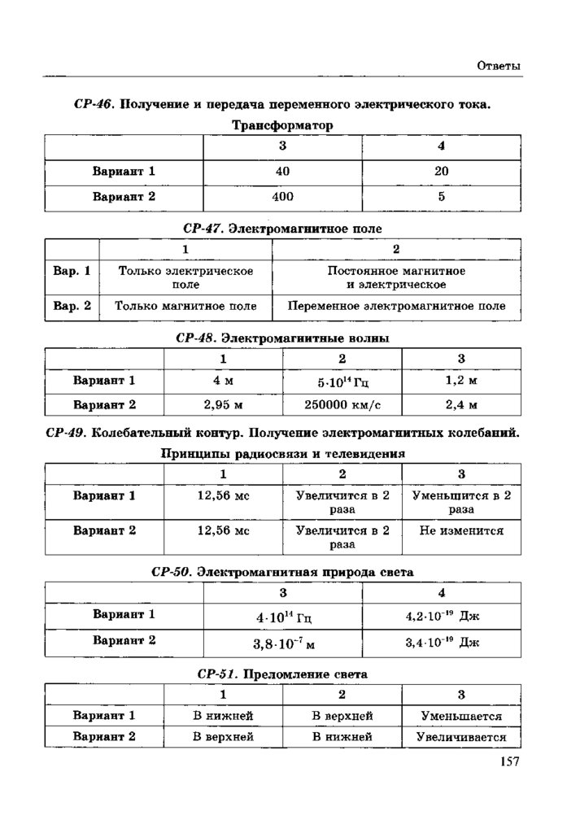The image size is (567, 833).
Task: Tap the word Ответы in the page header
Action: (498, 66)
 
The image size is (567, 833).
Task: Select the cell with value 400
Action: (282, 197)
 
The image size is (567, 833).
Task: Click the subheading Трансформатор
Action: (282, 125)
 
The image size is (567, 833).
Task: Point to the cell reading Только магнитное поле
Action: (185, 307)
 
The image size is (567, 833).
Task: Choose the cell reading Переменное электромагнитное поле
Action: (395, 307)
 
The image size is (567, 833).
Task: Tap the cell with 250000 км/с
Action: (342, 404)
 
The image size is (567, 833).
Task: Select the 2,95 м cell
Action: (223, 404)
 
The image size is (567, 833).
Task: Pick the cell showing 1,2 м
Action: (461, 380)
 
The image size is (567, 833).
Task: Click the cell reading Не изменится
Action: (461, 530)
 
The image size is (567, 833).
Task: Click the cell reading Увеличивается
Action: (461, 737)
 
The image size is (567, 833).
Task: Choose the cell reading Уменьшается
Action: (461, 717)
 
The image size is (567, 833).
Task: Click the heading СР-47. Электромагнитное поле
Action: (282, 229)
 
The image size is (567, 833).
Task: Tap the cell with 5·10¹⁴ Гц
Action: (342, 381)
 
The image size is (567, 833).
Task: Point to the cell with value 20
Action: (441, 172)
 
